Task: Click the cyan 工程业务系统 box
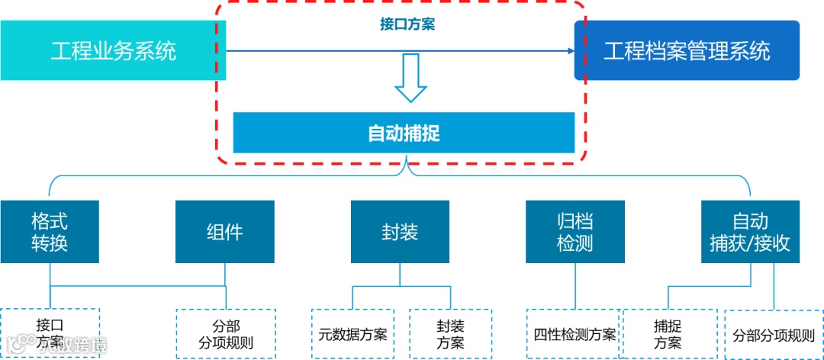coord(113,50)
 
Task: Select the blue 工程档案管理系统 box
coord(687,50)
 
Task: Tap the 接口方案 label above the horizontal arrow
coord(407,24)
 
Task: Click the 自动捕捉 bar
coord(404,133)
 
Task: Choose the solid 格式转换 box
coord(50,232)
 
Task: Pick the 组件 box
coord(225,232)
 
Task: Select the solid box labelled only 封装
coord(400,232)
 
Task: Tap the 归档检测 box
coord(575,232)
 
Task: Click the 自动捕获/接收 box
coord(750,232)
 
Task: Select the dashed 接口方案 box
coord(50,333)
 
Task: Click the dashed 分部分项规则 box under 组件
coord(226,333)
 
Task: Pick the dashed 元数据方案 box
coord(352,333)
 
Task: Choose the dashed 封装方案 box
coord(450,333)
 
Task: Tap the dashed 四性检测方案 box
coord(575,333)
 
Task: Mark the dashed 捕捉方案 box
coord(668,333)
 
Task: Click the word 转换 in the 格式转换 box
coord(50,243)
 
